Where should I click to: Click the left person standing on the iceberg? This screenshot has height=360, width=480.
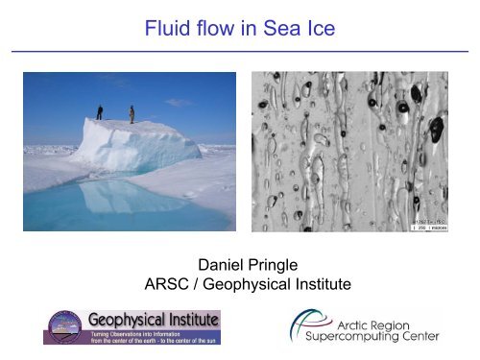(101, 111)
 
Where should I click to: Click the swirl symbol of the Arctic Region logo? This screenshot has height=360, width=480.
(286, 325)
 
